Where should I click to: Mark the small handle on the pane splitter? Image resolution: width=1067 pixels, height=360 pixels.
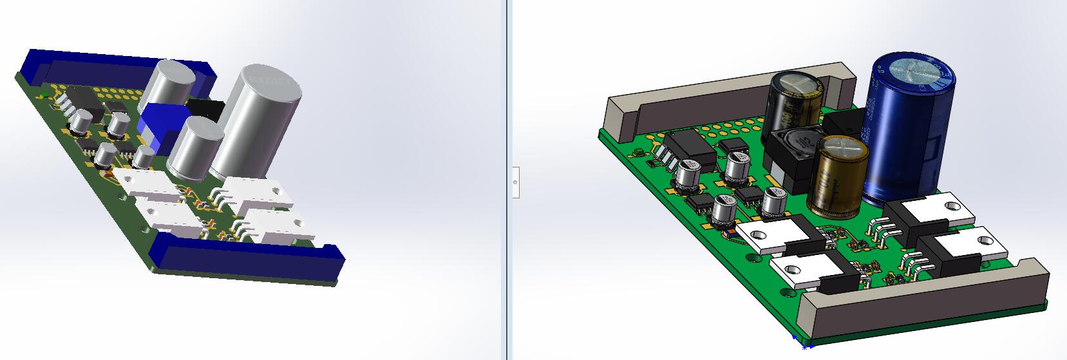pos(515,182)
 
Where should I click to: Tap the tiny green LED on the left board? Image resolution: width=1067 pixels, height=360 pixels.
pos(43,96)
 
